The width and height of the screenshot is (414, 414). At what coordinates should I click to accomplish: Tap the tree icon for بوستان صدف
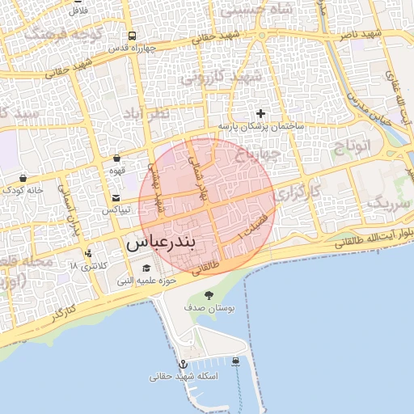pos(209,295)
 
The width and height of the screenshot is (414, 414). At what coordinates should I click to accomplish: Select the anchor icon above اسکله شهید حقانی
pos(183,365)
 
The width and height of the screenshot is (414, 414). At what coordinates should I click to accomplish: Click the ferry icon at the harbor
pos(235,361)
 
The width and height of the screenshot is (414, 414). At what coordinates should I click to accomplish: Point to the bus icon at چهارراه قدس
pos(132,36)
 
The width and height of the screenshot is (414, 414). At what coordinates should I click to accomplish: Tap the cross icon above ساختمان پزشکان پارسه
pos(260,114)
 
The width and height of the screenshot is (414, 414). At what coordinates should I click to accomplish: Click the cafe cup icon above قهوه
pos(116,158)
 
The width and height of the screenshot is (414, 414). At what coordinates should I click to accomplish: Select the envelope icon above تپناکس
pos(116,198)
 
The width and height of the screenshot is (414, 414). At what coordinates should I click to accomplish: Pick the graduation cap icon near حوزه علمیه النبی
pos(146,268)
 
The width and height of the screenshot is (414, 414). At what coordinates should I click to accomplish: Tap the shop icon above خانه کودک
pos(23,178)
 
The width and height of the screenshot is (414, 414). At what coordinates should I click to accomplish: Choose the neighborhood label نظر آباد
pos(146,114)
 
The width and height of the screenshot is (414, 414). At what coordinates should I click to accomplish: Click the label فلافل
pos(78,11)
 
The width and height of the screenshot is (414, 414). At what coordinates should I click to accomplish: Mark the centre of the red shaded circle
pos(208,206)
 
